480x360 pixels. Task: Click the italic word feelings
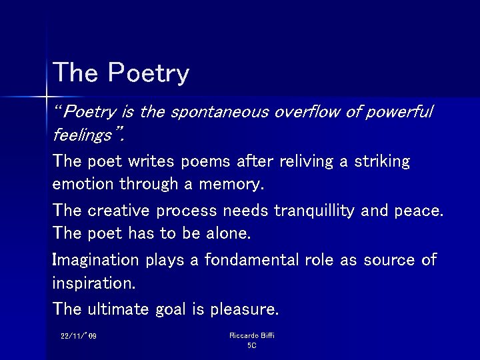click(x=83, y=135)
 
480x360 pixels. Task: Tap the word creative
click(x=118, y=211)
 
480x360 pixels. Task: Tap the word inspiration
click(x=93, y=283)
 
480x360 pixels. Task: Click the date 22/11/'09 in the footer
click(x=79, y=336)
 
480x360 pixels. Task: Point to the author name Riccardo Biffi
click(x=251, y=335)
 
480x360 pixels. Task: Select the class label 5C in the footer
click(x=251, y=345)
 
